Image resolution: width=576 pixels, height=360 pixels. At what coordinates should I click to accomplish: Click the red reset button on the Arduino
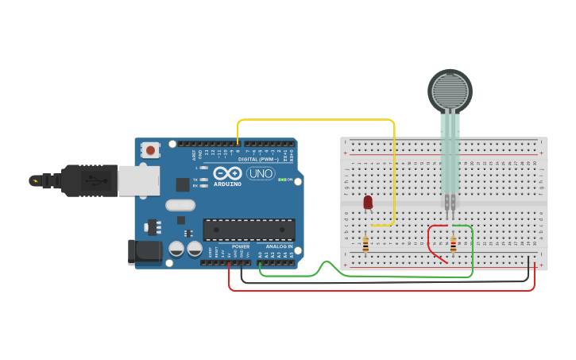150,149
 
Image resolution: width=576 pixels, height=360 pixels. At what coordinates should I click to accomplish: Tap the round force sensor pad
450,91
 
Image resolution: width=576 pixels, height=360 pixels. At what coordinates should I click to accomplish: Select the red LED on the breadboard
368,203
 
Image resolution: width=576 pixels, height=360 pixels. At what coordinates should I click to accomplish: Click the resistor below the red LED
365,243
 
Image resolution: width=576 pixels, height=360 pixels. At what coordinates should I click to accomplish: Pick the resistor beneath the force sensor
453,243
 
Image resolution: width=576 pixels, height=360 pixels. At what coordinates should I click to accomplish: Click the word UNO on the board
261,173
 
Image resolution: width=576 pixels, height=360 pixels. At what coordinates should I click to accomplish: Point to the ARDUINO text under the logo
227,184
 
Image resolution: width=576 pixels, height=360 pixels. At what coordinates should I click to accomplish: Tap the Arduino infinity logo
227,173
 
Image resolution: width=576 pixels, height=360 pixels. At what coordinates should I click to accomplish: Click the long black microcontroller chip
249,230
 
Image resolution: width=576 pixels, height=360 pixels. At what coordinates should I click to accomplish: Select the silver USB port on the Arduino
138,180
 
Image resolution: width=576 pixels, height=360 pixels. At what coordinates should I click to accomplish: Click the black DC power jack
145,253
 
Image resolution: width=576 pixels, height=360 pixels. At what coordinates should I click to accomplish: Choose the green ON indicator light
283,180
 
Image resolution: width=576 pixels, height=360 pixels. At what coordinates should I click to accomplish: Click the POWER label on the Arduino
240,246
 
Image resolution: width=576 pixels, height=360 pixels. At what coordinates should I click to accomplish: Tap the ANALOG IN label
278,246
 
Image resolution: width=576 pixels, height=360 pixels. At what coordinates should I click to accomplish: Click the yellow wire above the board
318,120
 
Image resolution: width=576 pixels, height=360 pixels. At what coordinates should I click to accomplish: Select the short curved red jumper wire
431,242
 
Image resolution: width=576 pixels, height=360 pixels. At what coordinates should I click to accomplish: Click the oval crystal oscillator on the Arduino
180,205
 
